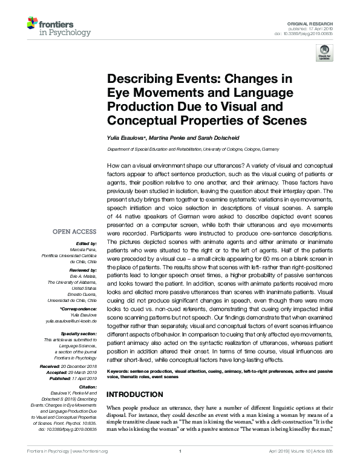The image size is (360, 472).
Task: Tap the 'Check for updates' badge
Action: coord(325,52)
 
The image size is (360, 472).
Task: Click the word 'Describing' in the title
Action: coord(137,79)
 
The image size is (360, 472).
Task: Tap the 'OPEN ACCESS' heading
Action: coord(74,232)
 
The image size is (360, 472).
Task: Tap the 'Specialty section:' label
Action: coord(78,333)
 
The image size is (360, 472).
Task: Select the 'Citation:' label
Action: coord(87,386)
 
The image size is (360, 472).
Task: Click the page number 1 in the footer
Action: coord(180,468)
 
